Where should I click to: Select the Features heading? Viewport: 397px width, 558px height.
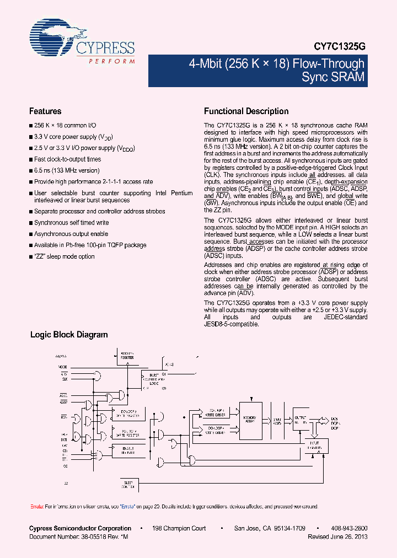tap(45, 111)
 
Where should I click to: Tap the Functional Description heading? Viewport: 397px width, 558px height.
tap(246, 111)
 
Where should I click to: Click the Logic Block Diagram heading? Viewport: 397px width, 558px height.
tap(68, 335)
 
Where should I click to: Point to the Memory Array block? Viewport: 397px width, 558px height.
tap(250, 419)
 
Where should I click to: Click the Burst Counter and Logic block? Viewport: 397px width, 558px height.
tap(153, 379)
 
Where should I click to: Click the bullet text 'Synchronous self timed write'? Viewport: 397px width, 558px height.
tap(71, 223)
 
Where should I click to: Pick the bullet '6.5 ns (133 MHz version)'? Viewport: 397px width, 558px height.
tap(67, 170)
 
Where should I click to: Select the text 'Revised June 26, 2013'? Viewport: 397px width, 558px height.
tap(337, 536)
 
